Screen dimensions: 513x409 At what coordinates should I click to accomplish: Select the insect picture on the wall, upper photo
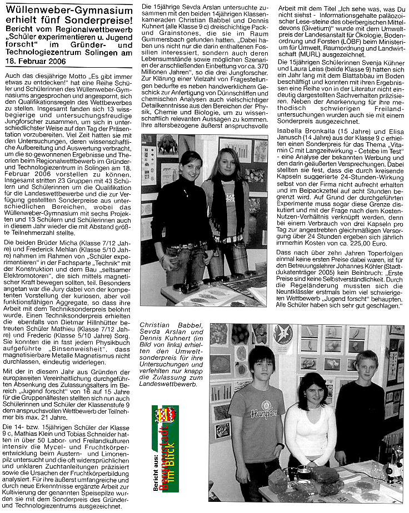pos(167,145)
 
